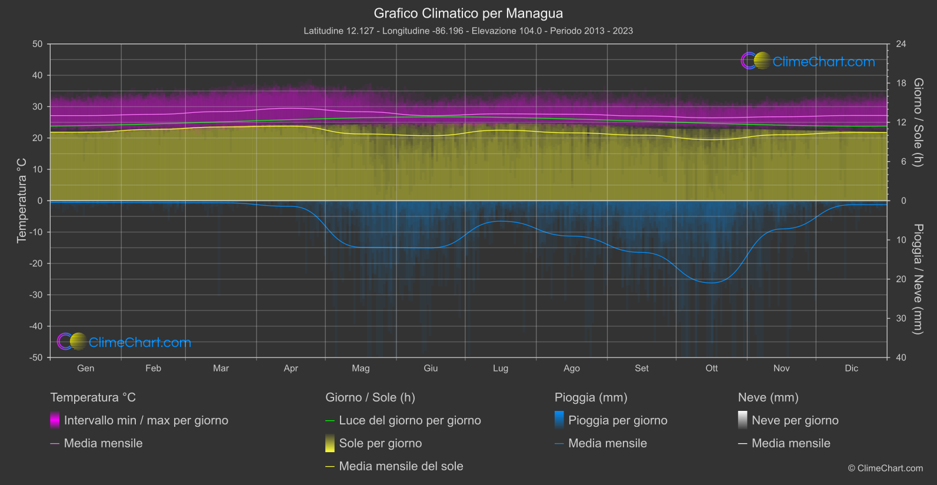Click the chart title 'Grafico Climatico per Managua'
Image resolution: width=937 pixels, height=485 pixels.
tap(468, 14)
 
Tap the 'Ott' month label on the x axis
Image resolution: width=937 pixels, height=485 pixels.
tap(712, 369)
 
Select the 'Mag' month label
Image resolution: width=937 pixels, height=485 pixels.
tap(361, 369)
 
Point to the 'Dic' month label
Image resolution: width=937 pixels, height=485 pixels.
tap(851, 369)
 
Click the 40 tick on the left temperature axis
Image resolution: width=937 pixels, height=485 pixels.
tap(37, 75)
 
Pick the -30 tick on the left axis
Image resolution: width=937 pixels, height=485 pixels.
tap(36, 295)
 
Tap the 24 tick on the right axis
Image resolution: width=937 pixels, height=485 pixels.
tap(901, 44)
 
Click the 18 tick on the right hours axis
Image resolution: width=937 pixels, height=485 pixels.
tap(901, 83)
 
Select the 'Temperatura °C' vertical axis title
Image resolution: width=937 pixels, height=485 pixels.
tap(22, 200)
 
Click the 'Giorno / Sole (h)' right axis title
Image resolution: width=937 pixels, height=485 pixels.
tap(918, 122)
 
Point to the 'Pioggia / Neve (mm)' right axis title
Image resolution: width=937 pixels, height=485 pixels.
tap(918, 279)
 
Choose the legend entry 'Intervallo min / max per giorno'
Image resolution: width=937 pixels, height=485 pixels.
tap(146, 420)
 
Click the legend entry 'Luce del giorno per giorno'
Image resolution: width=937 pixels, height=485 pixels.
tap(410, 420)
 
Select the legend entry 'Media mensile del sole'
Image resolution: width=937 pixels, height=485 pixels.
tap(401, 466)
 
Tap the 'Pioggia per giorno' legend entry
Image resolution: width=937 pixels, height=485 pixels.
tap(618, 420)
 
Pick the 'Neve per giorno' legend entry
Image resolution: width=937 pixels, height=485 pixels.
tap(795, 420)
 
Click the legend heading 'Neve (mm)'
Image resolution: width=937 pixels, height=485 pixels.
tap(768, 397)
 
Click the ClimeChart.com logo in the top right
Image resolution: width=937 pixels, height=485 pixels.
tap(808, 61)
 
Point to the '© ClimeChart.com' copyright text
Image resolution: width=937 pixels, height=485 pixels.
tap(885, 469)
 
